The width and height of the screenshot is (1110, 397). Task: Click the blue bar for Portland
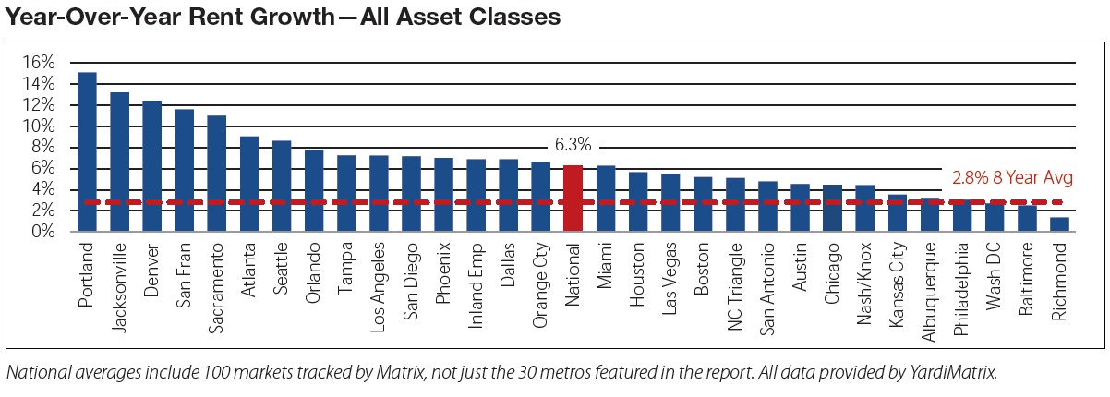[x=88, y=152]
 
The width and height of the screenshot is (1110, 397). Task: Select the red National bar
[x=573, y=198]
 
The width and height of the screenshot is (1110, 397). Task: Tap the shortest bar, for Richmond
[x=1060, y=224]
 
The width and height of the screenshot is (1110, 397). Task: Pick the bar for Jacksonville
[x=120, y=162]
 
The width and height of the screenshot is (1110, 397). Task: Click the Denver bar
[x=152, y=166]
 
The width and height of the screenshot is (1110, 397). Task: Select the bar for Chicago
[x=832, y=209]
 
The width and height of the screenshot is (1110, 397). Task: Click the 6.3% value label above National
[x=573, y=146]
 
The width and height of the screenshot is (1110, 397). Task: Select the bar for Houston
[x=638, y=202]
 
